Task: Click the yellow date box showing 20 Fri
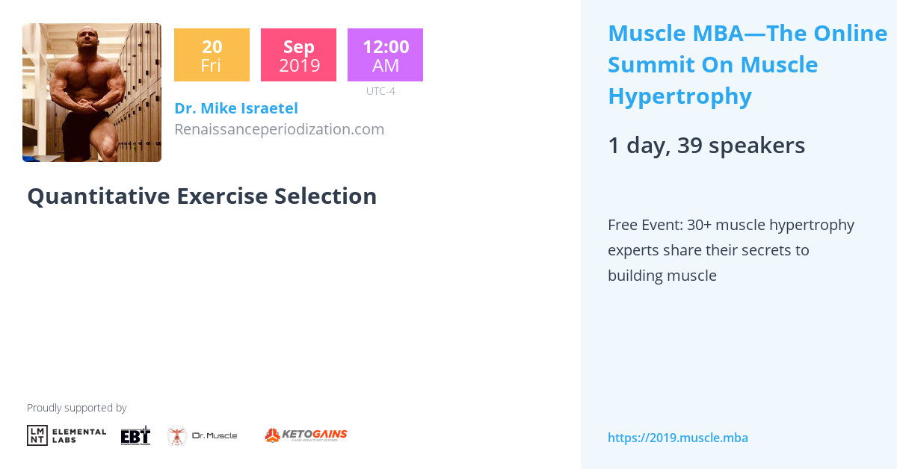(212, 55)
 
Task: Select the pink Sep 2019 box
(298, 55)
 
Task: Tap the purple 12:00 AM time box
(385, 55)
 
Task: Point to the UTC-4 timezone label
(380, 91)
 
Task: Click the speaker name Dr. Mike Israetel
(235, 108)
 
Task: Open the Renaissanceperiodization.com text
(279, 129)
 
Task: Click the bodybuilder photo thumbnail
(92, 93)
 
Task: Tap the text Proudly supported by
(76, 408)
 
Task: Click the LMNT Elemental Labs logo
(67, 435)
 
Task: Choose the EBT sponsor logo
(135, 435)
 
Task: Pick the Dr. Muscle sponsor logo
(203, 435)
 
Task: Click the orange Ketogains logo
(306, 435)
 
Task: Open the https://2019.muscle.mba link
(677, 438)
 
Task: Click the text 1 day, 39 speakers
(706, 146)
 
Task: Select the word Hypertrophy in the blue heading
(679, 96)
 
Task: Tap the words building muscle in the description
(662, 276)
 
